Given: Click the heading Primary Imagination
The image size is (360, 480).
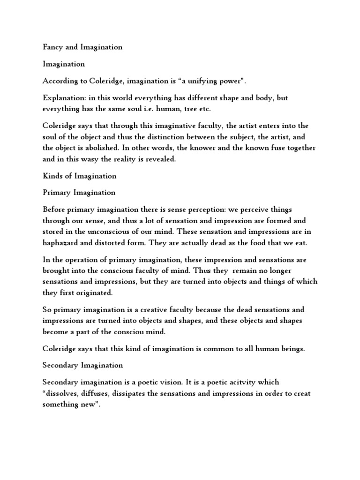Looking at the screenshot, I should pyautogui.click(x=79, y=193).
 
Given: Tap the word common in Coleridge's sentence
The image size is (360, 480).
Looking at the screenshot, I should pyautogui.click(x=203, y=348).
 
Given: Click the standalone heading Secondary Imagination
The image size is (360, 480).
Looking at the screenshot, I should pyautogui.click(x=82, y=365).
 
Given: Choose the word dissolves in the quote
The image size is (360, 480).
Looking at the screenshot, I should pyautogui.click(x=63, y=393).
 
